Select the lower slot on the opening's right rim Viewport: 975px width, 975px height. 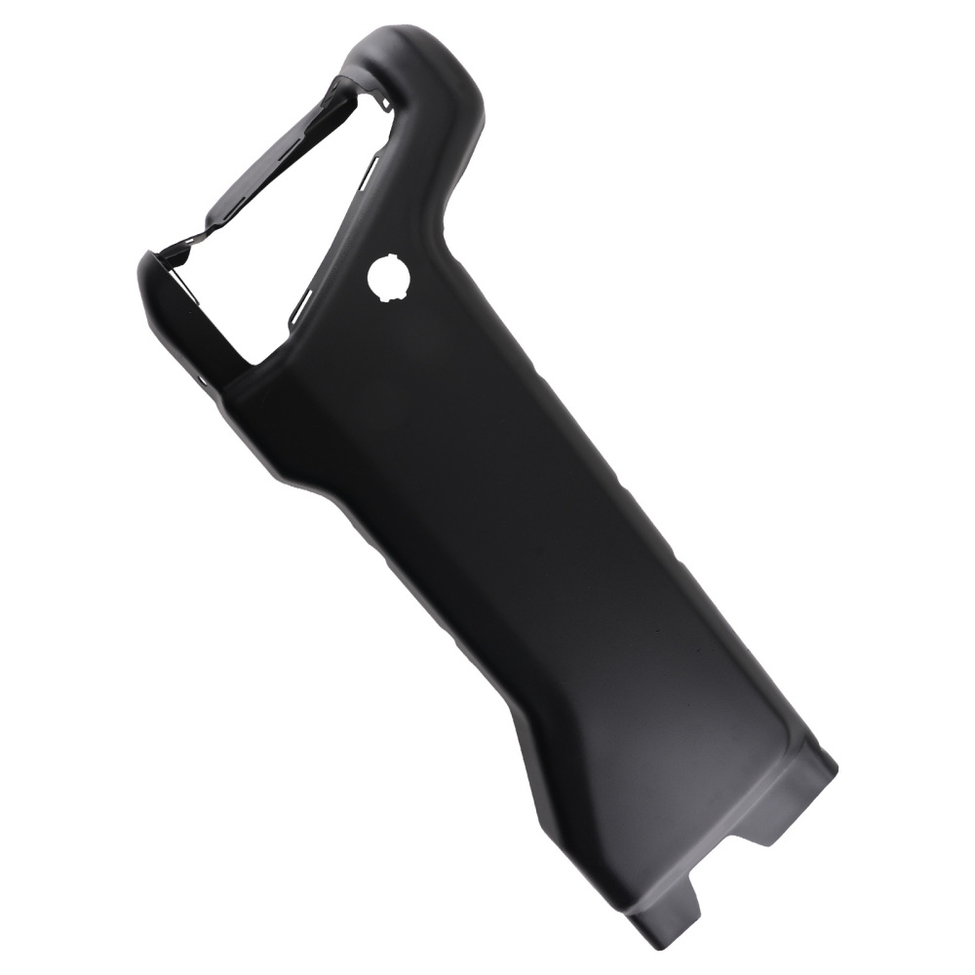click(x=304, y=297)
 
